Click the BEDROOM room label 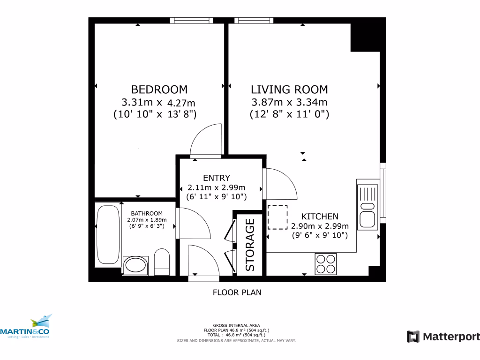159,89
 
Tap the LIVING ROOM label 289,89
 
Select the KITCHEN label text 319,217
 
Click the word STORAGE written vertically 250,245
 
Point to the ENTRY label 216,178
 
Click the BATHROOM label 147,213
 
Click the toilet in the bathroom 161,262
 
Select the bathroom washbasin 136,265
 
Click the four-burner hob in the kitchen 326,263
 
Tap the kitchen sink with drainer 367,207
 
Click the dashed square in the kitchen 277,217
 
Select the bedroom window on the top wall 191,20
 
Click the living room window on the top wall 254,20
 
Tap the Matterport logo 443,336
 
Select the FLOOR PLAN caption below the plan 237,292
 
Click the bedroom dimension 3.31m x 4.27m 158,102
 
